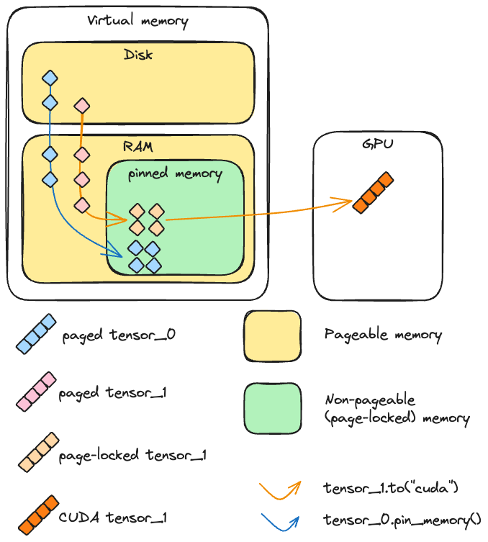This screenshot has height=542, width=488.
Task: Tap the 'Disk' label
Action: tap(138, 54)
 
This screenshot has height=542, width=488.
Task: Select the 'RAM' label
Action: tap(137, 146)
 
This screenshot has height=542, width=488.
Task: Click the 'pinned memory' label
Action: tap(175, 173)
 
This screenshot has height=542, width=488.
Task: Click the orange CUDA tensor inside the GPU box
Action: tap(373, 192)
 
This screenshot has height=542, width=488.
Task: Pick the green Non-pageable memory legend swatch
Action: tap(272, 408)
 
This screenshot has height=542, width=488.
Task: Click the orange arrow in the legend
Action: tap(279, 489)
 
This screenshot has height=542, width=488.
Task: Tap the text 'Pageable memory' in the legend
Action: tap(383, 335)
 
